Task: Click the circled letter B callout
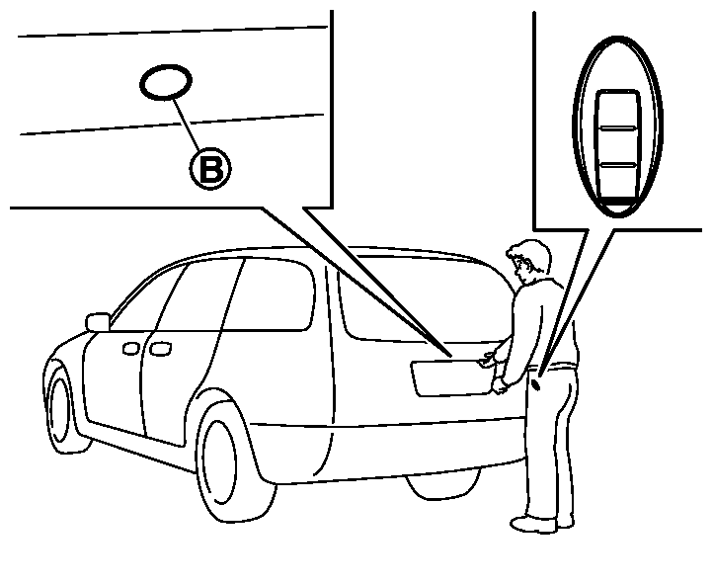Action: click(x=210, y=168)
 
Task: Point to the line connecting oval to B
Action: click(x=186, y=124)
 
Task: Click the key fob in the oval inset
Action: click(x=617, y=126)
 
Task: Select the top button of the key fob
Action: click(x=617, y=110)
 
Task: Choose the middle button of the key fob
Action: click(x=617, y=146)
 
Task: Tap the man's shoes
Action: click(x=542, y=523)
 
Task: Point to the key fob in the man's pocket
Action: click(x=536, y=384)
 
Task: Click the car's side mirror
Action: click(x=98, y=322)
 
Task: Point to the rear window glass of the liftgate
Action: click(x=423, y=300)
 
